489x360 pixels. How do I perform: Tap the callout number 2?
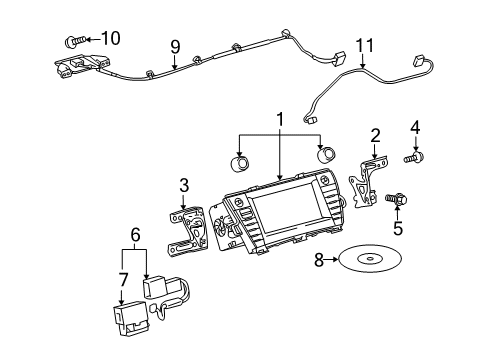pyautogui.click(x=375, y=134)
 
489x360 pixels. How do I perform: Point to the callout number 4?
pyautogui.click(x=416, y=126)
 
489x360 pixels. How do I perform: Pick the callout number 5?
pyautogui.click(x=398, y=229)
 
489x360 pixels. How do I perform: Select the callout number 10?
pyautogui.click(x=109, y=38)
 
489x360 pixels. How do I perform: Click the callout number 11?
pyautogui.click(x=364, y=44)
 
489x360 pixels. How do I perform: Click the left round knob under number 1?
pyautogui.click(x=242, y=163)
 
